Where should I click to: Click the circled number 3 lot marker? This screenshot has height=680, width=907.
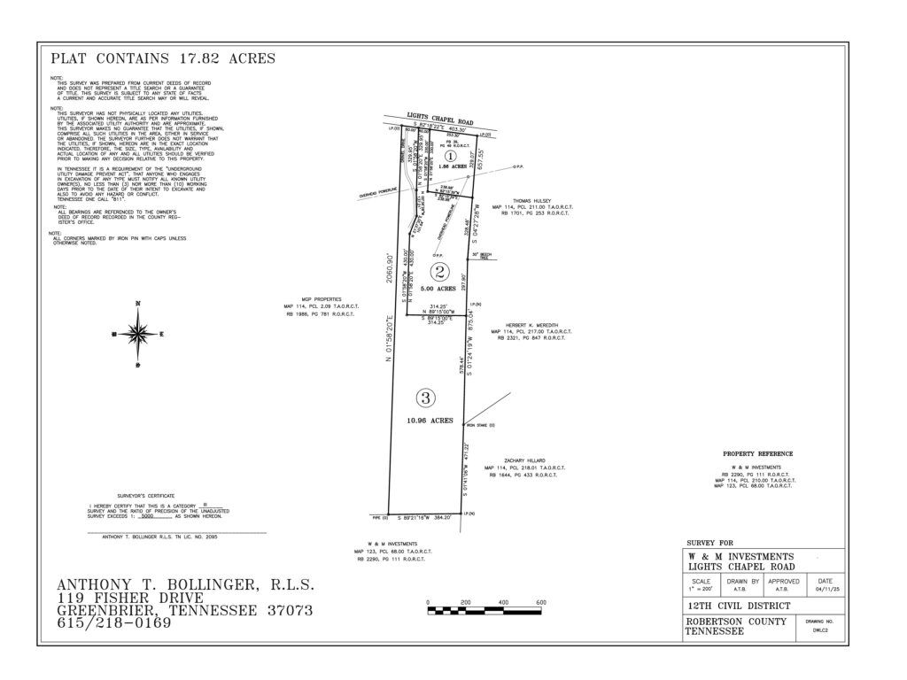coord(427,398)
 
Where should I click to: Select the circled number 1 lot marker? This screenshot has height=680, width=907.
coord(449,154)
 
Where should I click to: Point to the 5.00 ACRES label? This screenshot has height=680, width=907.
coord(439,289)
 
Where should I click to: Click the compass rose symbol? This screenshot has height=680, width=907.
coord(136,334)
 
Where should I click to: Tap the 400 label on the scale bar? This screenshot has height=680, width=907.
coord(503,603)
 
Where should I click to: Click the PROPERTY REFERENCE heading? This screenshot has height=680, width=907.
coord(757,453)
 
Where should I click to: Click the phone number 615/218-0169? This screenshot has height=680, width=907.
coord(113,623)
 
